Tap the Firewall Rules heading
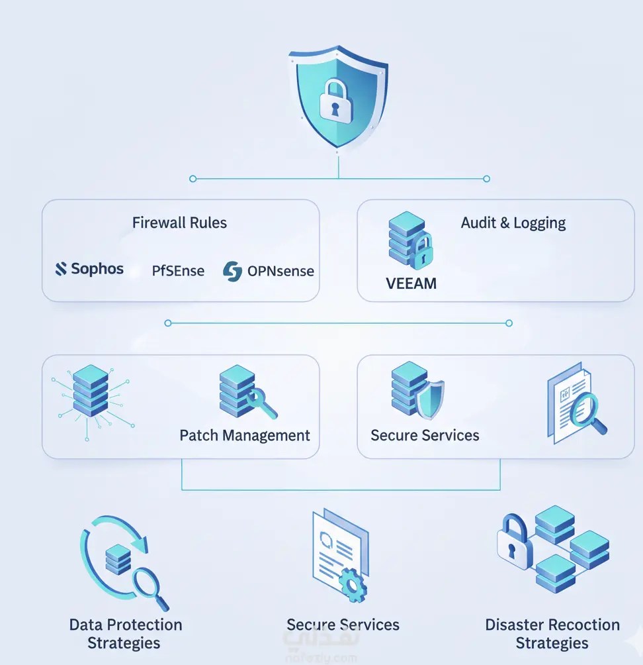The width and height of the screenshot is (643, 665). (179, 223)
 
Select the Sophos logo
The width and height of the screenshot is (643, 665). (89, 268)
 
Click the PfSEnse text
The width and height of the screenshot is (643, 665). (178, 271)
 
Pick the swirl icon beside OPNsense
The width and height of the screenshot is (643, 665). (232, 270)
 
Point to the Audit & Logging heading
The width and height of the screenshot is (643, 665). (513, 223)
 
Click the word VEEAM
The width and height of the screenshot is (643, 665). (411, 283)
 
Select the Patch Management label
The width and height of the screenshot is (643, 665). (245, 435)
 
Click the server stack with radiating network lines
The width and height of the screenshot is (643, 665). (91, 390)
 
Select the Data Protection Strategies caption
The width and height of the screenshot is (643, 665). (125, 633)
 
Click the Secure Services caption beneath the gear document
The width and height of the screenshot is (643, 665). (343, 625)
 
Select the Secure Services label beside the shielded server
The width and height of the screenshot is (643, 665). (425, 435)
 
